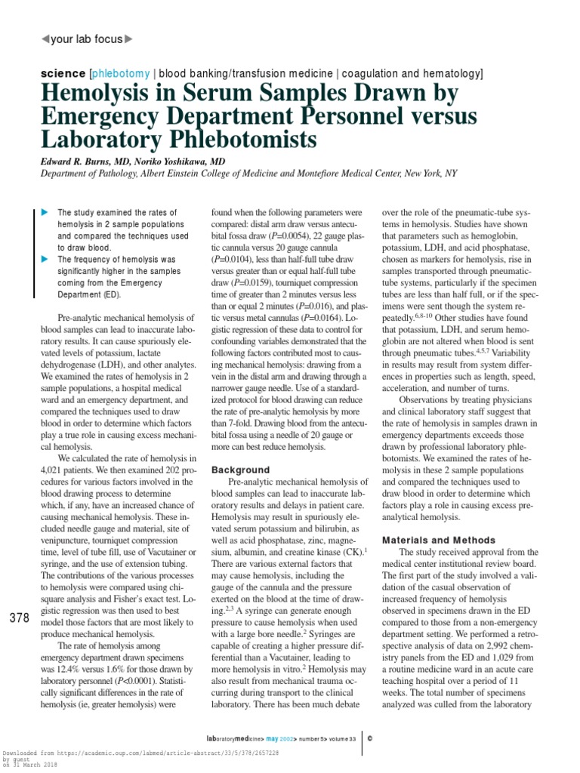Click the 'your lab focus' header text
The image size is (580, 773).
pos(85,38)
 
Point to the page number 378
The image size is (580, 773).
pos(19,618)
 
